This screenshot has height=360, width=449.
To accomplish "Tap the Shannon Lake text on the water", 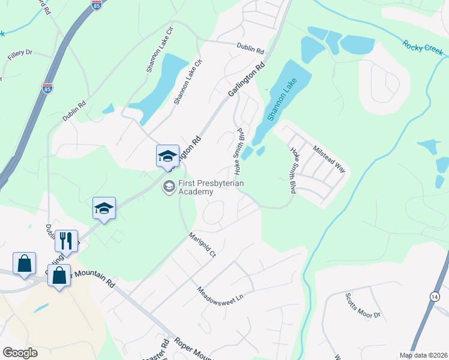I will coord(283,98).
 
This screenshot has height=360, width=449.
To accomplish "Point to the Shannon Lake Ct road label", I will coord(187,82).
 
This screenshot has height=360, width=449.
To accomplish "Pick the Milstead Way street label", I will coord(329,158).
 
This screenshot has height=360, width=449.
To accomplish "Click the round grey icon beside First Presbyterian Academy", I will coord(169,188).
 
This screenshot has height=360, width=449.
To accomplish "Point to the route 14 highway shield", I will coord(434,296).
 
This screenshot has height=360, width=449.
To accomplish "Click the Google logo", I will coord(20,353).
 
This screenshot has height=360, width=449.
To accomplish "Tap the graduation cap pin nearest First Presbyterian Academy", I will coord(167,157).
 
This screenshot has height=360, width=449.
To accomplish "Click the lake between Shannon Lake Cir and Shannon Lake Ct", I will coord(159,87).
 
